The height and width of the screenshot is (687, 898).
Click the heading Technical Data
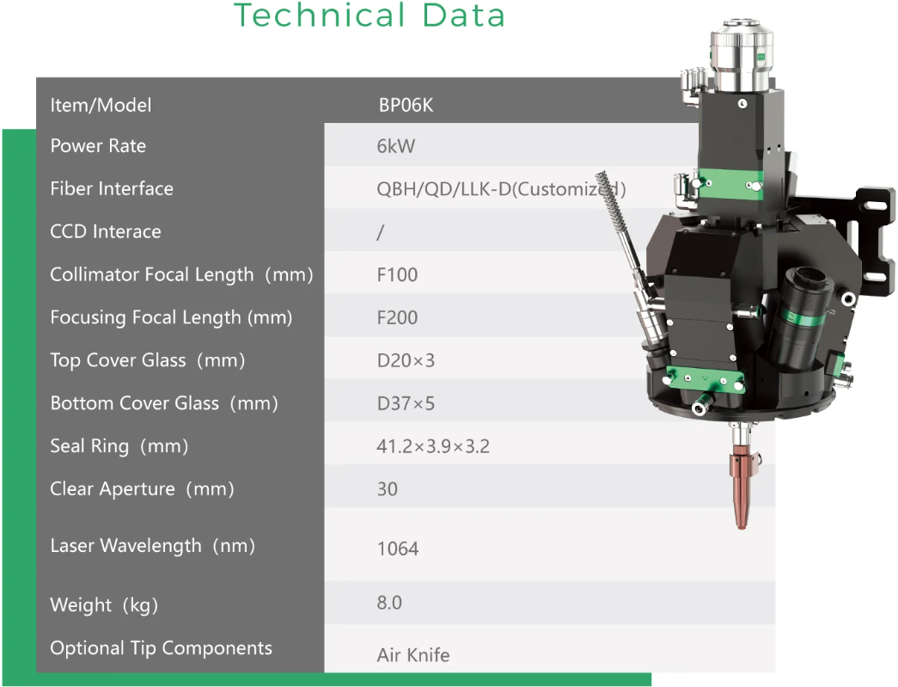click(x=370, y=15)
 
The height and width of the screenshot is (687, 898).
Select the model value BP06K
click(x=406, y=106)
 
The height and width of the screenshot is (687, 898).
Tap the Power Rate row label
click(x=98, y=146)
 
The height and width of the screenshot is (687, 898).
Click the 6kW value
click(x=396, y=146)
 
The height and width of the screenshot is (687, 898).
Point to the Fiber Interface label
click(x=112, y=188)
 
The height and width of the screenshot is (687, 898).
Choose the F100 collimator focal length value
click(x=398, y=275)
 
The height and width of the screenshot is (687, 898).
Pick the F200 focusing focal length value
click(x=398, y=317)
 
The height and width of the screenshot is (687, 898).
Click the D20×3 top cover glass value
click(x=406, y=360)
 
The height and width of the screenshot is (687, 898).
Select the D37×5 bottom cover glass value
click(x=406, y=403)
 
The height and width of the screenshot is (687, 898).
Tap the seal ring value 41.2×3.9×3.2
click(x=433, y=446)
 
